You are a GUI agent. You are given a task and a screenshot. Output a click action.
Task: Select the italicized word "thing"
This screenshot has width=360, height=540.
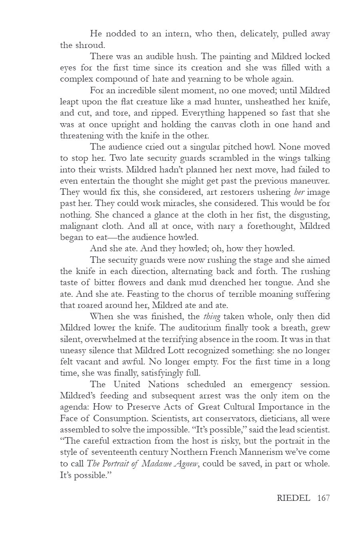(212, 316)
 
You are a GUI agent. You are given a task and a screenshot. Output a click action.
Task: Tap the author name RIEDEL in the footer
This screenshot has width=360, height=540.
(293, 498)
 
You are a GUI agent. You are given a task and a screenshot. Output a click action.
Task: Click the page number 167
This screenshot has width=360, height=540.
(323, 498)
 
